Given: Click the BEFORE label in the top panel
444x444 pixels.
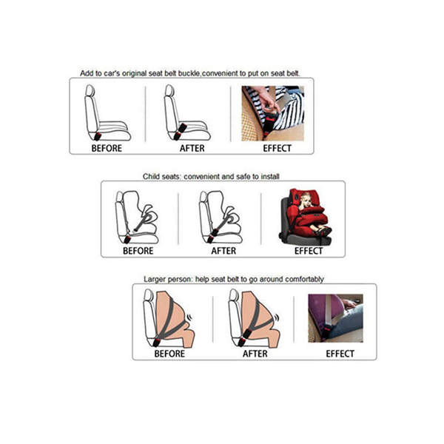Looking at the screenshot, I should [x=107, y=148].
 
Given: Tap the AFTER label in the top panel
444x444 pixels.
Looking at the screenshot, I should [x=192, y=148].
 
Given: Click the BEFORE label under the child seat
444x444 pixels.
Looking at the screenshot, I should [x=138, y=250].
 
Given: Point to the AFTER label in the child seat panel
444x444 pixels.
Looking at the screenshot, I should [x=223, y=250].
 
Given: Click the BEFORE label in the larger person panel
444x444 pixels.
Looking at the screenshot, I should [x=169, y=353].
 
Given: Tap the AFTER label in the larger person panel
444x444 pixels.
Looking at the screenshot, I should [x=255, y=353].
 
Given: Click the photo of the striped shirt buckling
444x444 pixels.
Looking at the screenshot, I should [x=272, y=113].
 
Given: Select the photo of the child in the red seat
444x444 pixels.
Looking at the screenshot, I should [x=303, y=215].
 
